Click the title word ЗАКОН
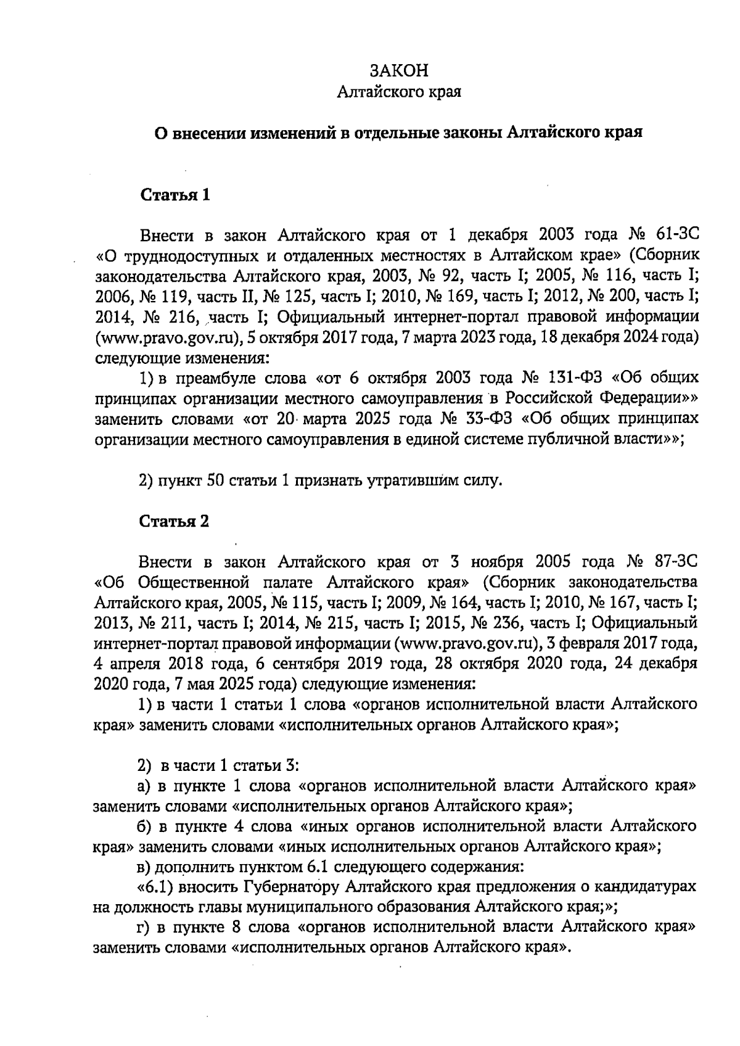399,70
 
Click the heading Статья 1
175,196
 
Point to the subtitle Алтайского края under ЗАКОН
399,92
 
